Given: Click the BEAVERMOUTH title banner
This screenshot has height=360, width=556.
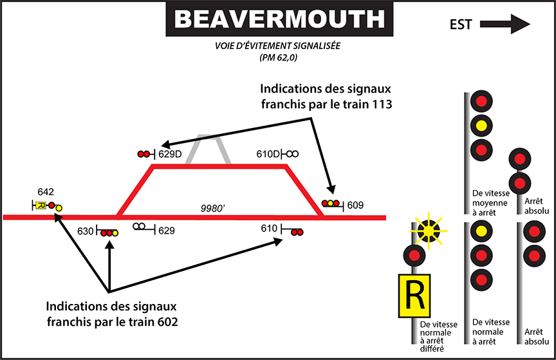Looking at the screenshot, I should (279, 19).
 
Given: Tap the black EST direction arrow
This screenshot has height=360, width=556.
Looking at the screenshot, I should (505, 25).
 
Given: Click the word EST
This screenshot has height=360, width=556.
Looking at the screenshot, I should (461, 25).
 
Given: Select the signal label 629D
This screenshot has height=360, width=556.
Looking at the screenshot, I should (171, 154).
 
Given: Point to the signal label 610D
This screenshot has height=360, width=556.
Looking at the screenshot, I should (268, 154).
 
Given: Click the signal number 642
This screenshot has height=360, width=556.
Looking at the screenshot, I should (46, 191).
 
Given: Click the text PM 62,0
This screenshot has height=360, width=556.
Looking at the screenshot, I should (278, 57).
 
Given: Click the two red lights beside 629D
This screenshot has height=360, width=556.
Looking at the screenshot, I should (144, 155).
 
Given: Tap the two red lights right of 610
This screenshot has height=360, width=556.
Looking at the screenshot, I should (297, 231).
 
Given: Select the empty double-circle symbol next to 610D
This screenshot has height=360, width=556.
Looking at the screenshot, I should (292, 154).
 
